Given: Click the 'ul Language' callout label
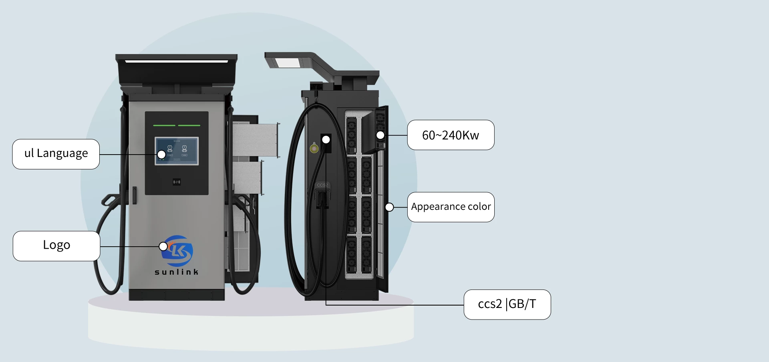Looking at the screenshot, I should [56, 154].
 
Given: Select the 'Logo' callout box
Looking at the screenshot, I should [56, 246].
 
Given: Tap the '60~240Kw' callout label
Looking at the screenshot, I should [451, 135].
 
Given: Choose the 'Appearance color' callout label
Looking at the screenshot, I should [451, 207].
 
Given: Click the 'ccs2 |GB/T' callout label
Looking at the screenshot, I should [507, 304].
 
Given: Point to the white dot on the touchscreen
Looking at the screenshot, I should [161, 154].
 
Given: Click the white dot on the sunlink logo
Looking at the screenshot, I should [163, 246].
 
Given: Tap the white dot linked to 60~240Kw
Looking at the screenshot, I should [380, 135].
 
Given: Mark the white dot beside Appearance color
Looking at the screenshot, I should [389, 207].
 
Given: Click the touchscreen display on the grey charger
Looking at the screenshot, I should [177, 151].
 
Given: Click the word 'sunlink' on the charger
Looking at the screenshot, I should [177, 272].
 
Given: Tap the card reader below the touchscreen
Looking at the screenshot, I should [177, 182].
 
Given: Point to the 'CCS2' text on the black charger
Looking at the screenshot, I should [322, 185].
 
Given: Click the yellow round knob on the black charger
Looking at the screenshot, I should [314, 149].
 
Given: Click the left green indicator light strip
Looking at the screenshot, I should [164, 125].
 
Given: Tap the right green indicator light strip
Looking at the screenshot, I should [189, 125].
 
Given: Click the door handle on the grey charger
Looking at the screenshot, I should [135, 195].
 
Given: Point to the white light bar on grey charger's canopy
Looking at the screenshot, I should [177, 61].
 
